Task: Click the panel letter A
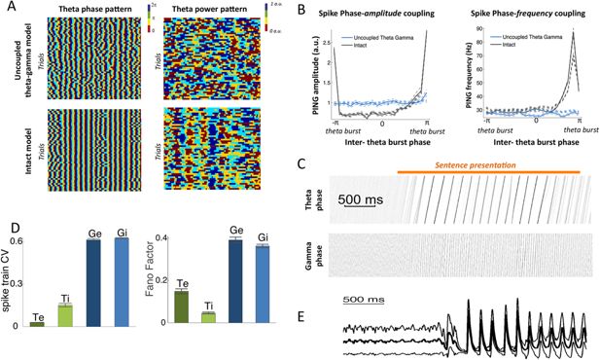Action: [8, 7]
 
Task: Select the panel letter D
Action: [8, 202]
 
